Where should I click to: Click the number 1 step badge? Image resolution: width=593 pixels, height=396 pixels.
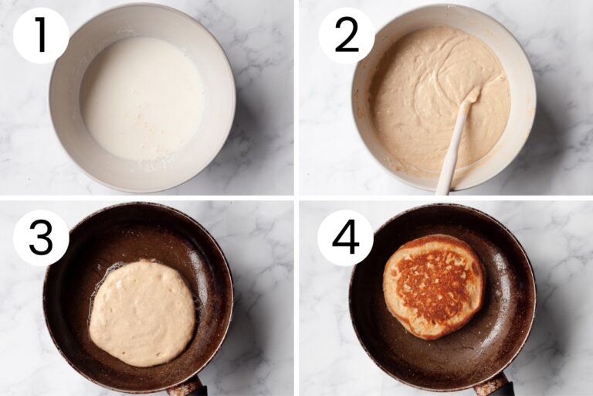[41, 36]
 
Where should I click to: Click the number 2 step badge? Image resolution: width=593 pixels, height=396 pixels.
[346, 36]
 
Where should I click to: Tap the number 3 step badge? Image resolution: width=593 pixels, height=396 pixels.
[41, 237]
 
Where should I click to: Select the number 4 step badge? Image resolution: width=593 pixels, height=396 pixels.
[345, 237]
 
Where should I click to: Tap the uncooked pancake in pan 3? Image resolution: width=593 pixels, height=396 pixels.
[142, 313]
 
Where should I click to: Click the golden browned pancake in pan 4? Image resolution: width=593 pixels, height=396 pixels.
[432, 286]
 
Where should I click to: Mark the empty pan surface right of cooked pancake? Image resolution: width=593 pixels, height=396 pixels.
[506, 309]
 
